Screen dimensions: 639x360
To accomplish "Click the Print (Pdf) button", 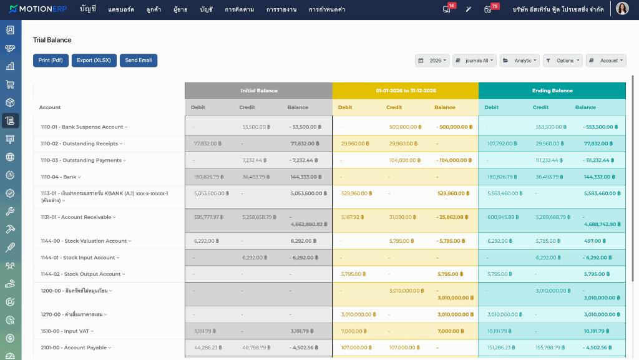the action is tap(51, 61).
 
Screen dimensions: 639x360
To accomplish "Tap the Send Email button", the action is tap(138, 61).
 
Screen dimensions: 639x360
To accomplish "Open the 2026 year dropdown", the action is tap(432, 61).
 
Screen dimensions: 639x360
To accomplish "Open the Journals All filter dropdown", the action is tap(474, 61).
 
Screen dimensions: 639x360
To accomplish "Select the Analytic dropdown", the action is tap(520, 61).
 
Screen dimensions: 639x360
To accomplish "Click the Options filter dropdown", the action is tap(563, 61).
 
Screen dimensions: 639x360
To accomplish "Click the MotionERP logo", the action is tap(38, 9).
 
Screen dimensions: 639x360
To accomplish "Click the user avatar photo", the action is tap(622, 8).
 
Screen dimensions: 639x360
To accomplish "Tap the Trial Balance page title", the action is tap(52, 40).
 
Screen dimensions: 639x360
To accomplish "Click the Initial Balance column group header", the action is tap(259, 90).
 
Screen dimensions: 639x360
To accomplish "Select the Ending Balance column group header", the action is tap(552, 90).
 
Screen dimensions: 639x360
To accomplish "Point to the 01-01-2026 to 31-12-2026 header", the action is tap(406, 90).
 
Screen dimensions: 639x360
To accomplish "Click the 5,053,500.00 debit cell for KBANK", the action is tap(211, 193).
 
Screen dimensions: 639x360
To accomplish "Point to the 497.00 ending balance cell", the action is tap(595, 241).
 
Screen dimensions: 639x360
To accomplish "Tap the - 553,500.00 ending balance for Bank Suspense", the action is tap(600, 127).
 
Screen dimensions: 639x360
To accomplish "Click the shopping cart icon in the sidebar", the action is tap(10, 84).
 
